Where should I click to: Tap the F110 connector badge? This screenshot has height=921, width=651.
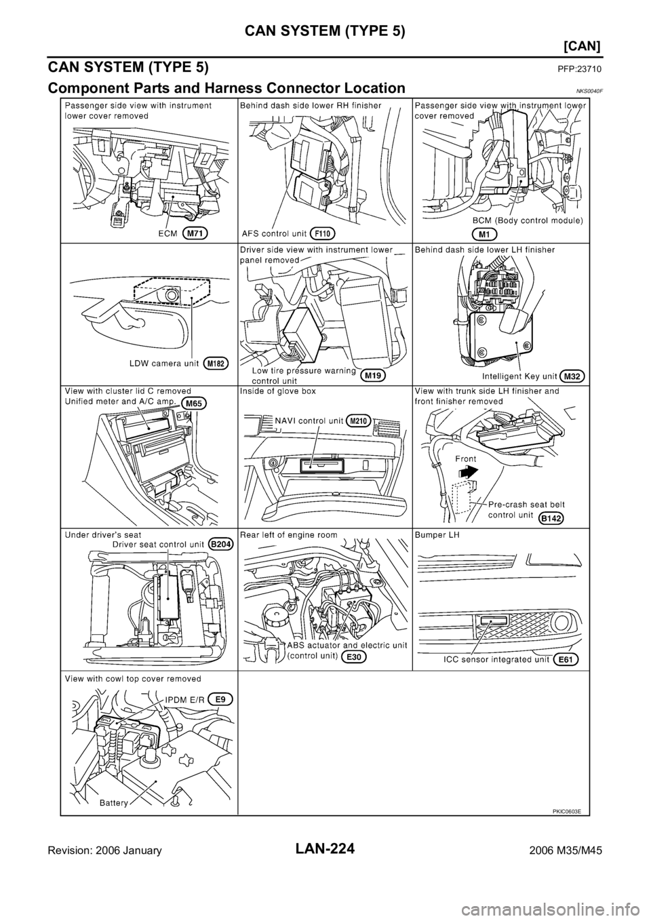324,233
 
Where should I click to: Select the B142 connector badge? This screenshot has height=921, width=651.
553,519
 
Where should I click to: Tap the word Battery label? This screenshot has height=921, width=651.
112,802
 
